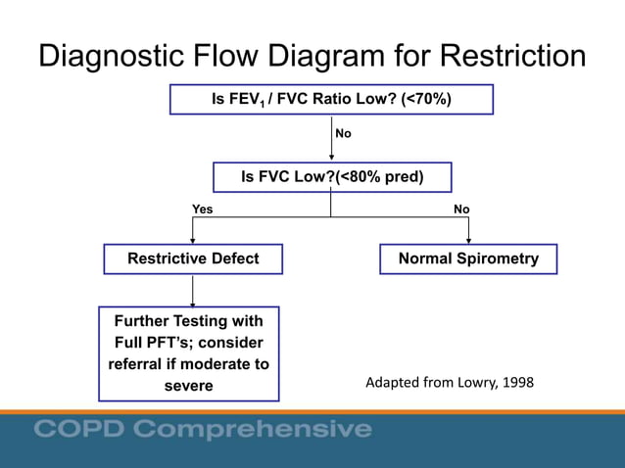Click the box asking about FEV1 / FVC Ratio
[x=331, y=100]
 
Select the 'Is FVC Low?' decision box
[x=332, y=177]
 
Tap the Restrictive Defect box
[x=194, y=259]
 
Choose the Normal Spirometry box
[x=468, y=259]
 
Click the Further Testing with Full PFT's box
[x=189, y=353]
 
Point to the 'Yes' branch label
[x=202, y=210]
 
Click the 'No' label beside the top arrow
[x=344, y=133]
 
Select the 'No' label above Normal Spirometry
[x=461, y=210]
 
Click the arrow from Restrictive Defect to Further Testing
[x=193, y=291]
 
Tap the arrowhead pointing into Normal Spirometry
[x=469, y=239]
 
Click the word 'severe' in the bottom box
[x=188, y=386]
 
